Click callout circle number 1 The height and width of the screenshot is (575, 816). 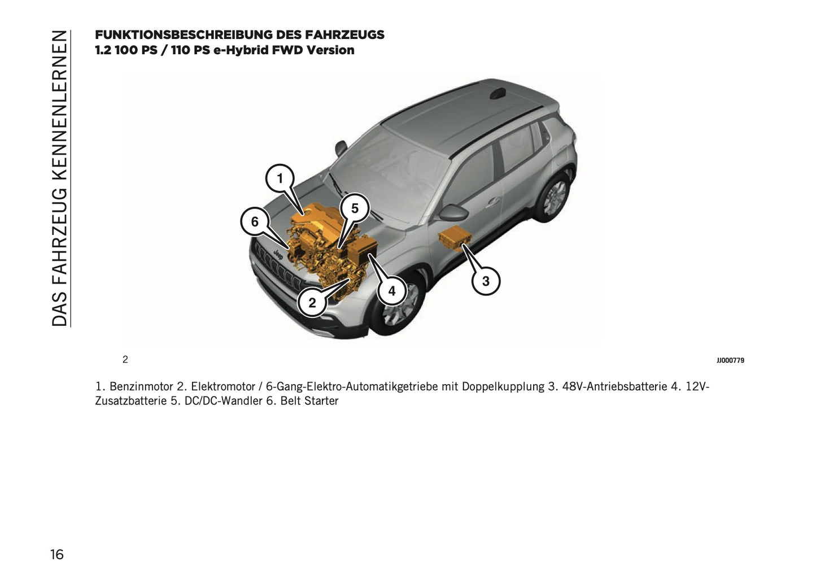point(280,179)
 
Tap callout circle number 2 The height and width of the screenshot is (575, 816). point(312,303)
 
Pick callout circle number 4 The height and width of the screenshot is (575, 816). point(391,291)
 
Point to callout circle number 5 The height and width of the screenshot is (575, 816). point(355,208)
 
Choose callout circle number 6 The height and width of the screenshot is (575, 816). point(255,222)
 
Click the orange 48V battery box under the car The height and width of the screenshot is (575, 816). point(454,238)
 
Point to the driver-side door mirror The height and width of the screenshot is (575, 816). point(454,212)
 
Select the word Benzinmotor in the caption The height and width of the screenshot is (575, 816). point(141,387)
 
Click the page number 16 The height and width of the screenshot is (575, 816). point(57,555)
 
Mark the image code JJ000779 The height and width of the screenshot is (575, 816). point(730,360)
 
